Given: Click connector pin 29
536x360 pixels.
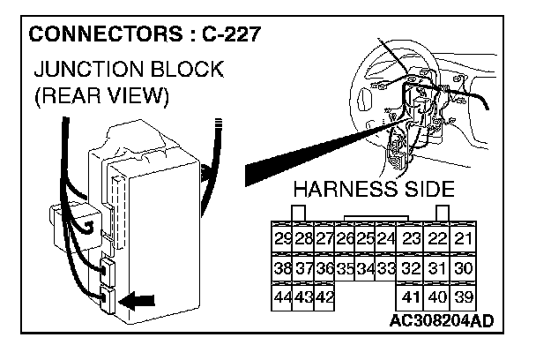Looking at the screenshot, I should point(283,238).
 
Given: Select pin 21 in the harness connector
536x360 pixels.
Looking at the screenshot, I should point(464,238).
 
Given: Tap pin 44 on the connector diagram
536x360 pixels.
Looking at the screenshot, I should point(283,296).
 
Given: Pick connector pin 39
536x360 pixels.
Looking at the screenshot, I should point(464,296).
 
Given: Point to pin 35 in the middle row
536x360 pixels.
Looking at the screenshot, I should point(345,267).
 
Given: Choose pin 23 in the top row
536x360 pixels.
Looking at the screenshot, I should point(411,238).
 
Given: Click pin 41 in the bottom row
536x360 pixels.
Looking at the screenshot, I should point(411,296).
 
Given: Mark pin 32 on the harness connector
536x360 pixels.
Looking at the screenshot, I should point(411,267).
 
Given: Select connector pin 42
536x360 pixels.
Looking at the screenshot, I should point(324,296).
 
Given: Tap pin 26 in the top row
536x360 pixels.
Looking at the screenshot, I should point(345,238).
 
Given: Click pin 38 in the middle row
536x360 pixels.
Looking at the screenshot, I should point(283,267).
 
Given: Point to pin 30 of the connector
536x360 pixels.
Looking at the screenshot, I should point(464,267).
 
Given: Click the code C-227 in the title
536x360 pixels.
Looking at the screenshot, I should point(233,38).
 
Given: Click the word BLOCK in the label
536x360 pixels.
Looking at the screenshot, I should point(190,69).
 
